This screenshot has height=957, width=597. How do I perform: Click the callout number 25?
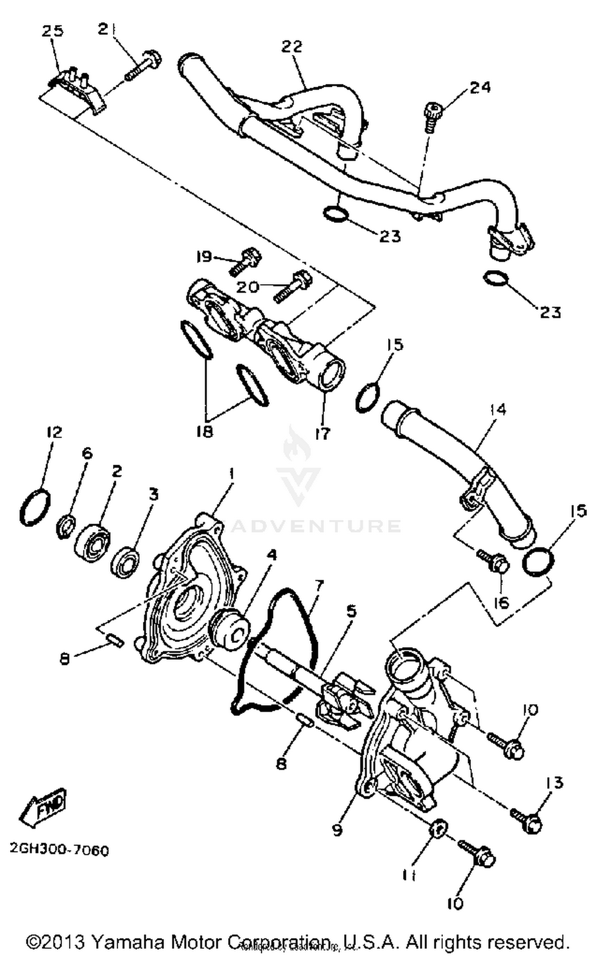(x=53, y=31)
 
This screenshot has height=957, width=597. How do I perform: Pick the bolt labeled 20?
(x=293, y=287)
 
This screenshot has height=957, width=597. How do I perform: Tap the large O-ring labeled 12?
(x=35, y=508)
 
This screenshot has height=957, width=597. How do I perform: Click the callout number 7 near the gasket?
(x=319, y=586)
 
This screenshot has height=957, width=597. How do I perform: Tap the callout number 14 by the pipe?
(x=498, y=409)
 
